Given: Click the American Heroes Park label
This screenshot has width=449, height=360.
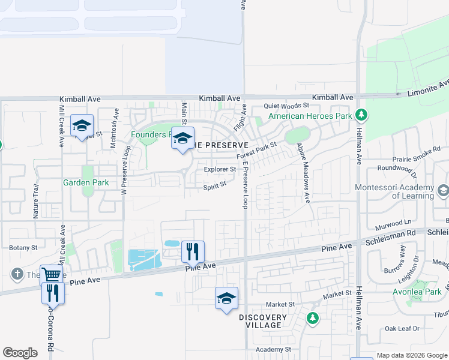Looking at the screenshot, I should tap(309, 116).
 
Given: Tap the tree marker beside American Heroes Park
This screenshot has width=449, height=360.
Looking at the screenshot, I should tap(361, 114).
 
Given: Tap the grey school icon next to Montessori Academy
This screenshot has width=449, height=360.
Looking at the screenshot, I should tap(443, 191).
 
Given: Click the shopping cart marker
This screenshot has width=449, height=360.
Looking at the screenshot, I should tap(52, 275).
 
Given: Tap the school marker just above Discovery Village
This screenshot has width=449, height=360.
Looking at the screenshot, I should tap(226, 298).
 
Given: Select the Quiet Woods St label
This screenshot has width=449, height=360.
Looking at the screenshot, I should tap(286, 106).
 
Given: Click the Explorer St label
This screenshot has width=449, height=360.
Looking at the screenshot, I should tap(220, 170).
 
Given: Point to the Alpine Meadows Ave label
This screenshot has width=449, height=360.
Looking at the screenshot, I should tap(303, 173).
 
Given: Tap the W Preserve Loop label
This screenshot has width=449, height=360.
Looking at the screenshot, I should tap(125, 169).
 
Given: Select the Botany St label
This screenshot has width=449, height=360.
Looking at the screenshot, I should tap(23, 247).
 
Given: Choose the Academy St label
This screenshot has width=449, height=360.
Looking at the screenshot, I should tap(273, 349).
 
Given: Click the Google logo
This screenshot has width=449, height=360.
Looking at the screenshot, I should tap(20, 353).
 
